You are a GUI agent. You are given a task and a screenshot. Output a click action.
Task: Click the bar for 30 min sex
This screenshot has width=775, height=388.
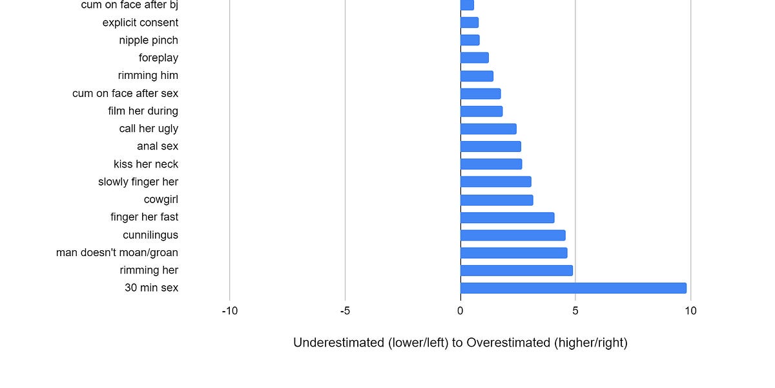pyautogui.click(x=573, y=288)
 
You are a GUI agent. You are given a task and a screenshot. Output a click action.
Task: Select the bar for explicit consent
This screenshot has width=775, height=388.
pyautogui.click(x=470, y=23)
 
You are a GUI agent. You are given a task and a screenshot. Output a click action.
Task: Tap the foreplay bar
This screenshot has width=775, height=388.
pyautogui.click(x=474, y=58)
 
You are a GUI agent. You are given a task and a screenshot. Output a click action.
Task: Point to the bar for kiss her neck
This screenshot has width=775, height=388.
pyautogui.click(x=491, y=164)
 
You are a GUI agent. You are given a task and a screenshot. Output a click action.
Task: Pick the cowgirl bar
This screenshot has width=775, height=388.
pyautogui.click(x=497, y=200)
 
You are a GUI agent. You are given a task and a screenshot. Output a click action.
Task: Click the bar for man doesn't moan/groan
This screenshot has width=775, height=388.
pyautogui.click(x=513, y=253)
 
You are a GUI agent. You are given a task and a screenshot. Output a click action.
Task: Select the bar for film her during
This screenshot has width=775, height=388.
pyautogui.click(x=481, y=111)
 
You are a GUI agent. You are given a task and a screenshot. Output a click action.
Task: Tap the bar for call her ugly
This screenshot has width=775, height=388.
pyautogui.click(x=488, y=129)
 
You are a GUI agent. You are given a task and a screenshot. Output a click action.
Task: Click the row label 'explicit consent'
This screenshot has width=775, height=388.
pyautogui.click(x=140, y=23)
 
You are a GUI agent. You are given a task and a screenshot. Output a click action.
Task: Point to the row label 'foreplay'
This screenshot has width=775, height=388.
pyautogui.click(x=158, y=58)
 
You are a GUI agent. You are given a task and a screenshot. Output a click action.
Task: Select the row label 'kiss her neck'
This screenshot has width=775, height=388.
pyautogui.click(x=146, y=164)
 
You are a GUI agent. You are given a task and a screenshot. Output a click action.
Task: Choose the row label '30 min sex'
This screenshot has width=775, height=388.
pyautogui.click(x=151, y=288)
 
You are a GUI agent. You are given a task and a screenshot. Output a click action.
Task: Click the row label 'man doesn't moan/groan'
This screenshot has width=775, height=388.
pyautogui.click(x=117, y=253)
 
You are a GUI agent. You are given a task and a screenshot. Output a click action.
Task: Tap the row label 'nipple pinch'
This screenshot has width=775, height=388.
pyautogui.click(x=149, y=40)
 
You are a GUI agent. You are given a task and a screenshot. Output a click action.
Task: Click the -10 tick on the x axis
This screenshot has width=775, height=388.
pyautogui.click(x=229, y=311)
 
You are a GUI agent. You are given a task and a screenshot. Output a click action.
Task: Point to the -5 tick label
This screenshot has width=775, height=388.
pyautogui.click(x=345, y=311)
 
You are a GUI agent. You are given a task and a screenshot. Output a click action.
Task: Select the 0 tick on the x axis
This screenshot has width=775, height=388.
pyautogui.click(x=460, y=311)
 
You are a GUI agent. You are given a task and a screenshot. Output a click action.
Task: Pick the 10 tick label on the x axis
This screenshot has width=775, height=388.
pyautogui.click(x=690, y=311)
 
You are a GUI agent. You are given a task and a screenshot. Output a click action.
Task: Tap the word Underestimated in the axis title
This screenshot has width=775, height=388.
pyautogui.click(x=338, y=343)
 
